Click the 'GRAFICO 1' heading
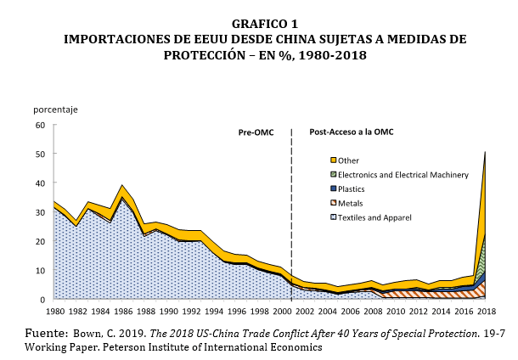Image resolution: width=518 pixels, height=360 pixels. pos(260,25)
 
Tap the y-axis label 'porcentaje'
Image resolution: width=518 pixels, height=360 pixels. pos(55,110)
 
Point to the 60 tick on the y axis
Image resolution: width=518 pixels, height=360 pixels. pos(39,126)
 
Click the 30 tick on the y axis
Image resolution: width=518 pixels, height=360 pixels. pos(39,212)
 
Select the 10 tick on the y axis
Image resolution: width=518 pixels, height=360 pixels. pos(39,271)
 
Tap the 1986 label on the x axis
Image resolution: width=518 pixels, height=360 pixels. pos(122,312)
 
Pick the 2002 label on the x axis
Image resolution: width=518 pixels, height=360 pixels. pos(301,312)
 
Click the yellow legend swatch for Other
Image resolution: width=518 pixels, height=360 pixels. pos(333,160)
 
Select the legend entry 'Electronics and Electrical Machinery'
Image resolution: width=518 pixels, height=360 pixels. pos(403,175)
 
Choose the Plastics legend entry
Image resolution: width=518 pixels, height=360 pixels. pos(353,189)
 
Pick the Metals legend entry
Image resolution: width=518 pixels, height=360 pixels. pos(351,204)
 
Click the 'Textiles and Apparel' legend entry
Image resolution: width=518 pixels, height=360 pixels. pos(374,218)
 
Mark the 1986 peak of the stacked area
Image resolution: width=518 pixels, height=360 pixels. pos(123,185)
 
